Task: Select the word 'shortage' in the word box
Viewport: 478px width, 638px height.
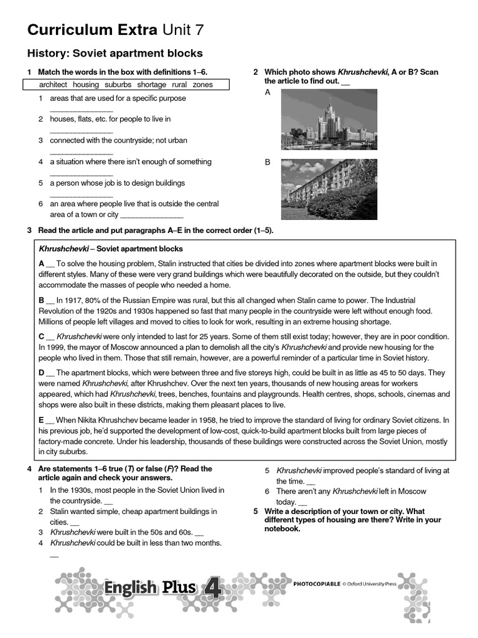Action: (x=151, y=85)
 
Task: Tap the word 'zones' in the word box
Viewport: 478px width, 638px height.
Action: (x=202, y=85)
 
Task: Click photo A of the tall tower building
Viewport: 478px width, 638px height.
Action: (x=328, y=120)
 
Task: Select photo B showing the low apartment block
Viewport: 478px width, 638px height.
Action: (x=328, y=189)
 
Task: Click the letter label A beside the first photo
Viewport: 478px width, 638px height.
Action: (x=268, y=92)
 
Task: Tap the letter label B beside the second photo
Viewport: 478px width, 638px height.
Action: (x=268, y=162)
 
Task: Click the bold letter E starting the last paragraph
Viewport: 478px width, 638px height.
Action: (x=41, y=421)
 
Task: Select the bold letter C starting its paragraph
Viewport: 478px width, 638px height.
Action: (x=41, y=336)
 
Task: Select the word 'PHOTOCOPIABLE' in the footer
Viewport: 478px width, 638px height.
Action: (x=316, y=584)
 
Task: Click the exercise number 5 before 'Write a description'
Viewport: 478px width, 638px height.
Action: (x=255, y=511)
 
